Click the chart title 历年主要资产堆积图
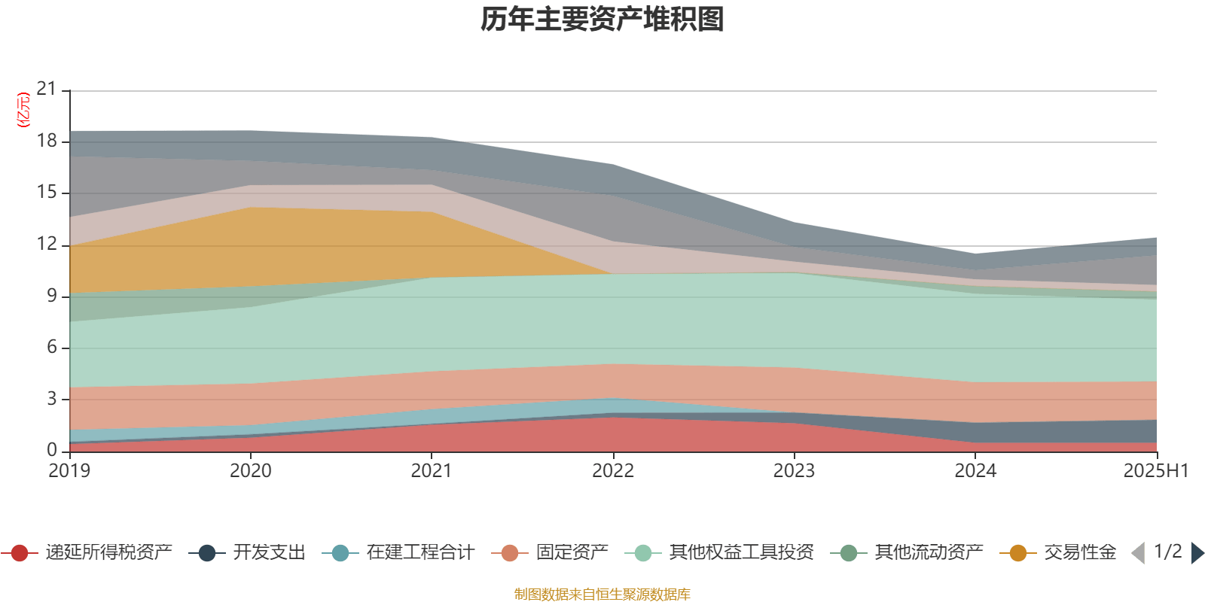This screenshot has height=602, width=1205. tap(602, 20)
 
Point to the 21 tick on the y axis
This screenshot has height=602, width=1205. tap(47, 89)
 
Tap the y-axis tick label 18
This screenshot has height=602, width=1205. tap(47, 141)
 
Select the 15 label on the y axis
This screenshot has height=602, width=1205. tap(47, 192)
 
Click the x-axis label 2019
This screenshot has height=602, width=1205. tap(69, 471)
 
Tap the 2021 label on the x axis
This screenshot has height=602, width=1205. tap(431, 471)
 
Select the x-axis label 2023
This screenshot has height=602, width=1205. tap(794, 471)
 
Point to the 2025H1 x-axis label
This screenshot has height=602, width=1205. tap(1155, 471)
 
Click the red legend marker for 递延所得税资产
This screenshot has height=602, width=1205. tap(20, 553)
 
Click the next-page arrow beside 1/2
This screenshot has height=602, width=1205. tap(1197, 553)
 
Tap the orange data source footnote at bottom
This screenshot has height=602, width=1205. tap(602, 594)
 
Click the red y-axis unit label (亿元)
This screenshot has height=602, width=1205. tap(23, 110)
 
